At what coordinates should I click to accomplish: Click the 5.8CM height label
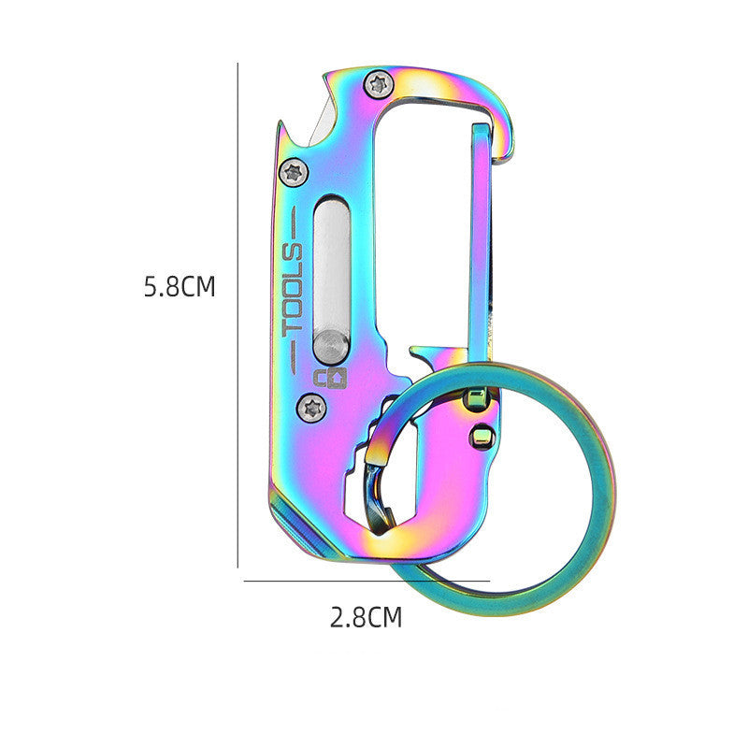pyautogui.click(x=180, y=286)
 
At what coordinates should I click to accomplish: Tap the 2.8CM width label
pyautogui.click(x=366, y=617)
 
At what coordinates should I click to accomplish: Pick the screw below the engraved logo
pyautogui.click(x=313, y=406)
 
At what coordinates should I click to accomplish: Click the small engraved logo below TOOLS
pyautogui.click(x=328, y=377)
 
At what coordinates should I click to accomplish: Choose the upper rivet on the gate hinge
pyautogui.click(x=476, y=401)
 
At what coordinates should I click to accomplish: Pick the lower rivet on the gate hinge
pyautogui.click(x=482, y=436)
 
